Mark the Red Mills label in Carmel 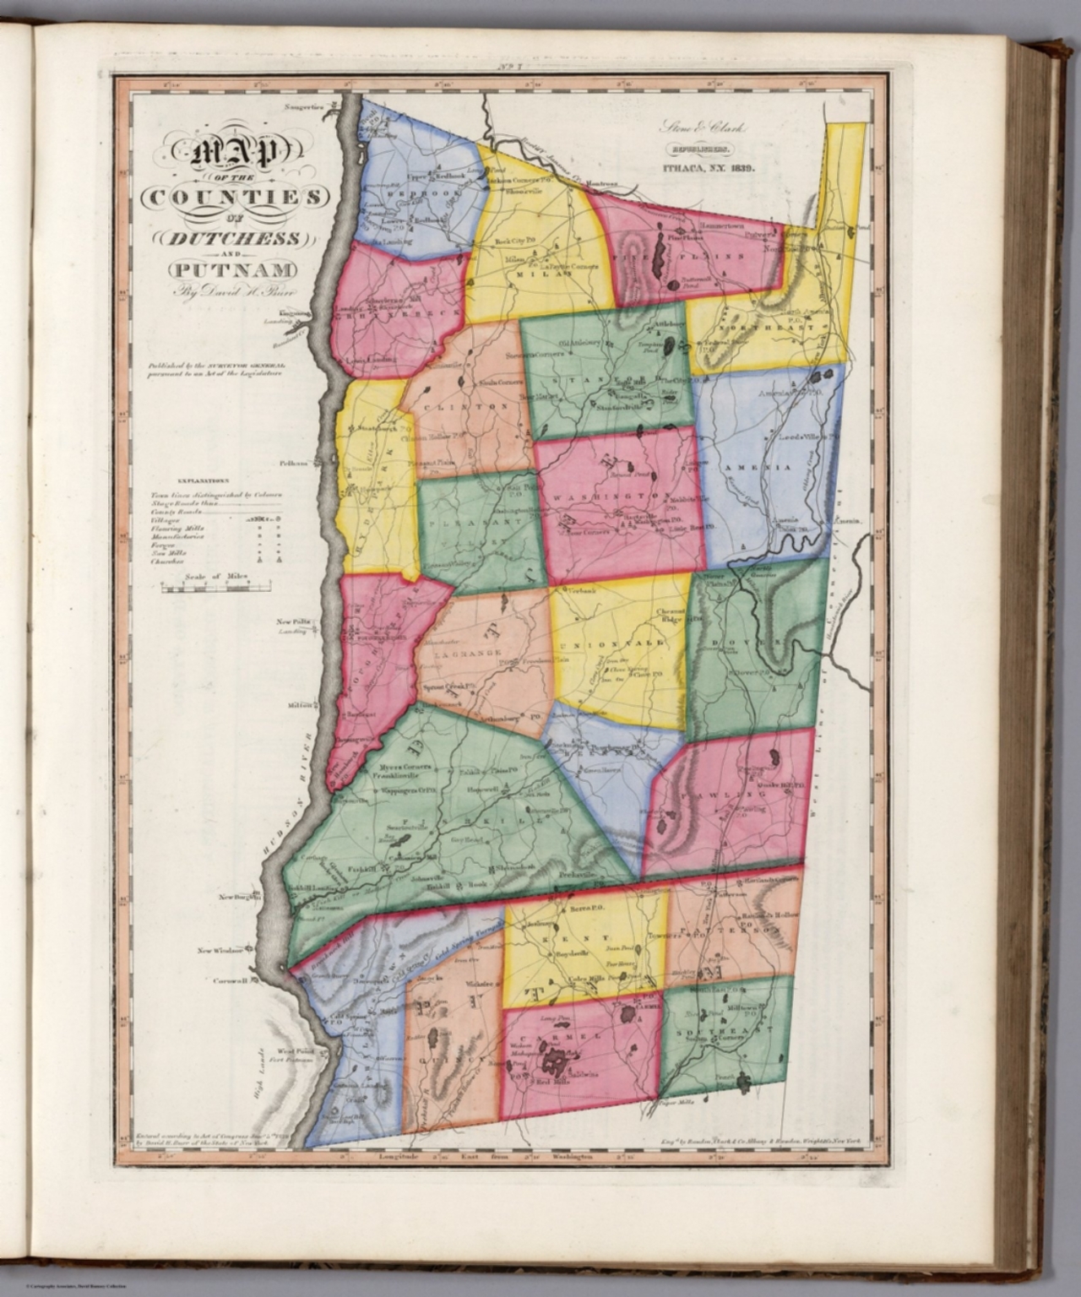coord(538,1080)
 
